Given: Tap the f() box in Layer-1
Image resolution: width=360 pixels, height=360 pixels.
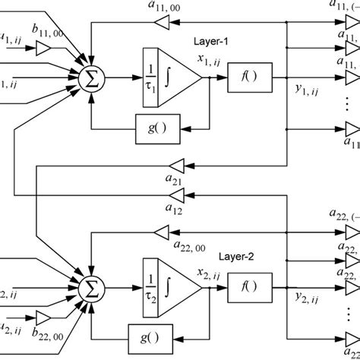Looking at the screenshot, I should point(247,77).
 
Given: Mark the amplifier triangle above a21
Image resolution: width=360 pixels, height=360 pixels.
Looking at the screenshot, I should point(175,162).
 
